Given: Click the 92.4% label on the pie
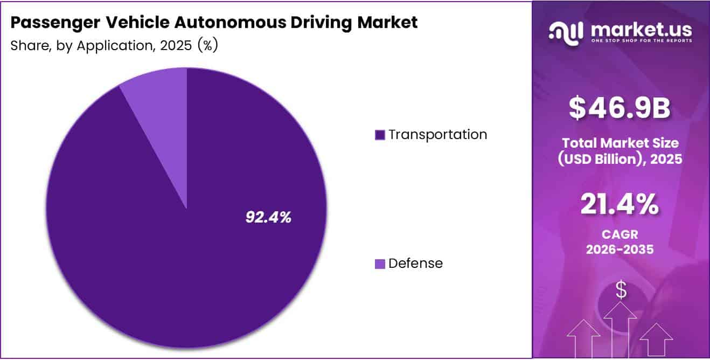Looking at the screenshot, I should (268, 217).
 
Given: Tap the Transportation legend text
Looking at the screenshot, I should (437, 134).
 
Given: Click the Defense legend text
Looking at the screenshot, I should (415, 264).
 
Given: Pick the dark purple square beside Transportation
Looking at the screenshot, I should (380, 135).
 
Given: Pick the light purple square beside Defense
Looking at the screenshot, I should (380, 264).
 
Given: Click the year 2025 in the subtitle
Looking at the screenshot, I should (176, 46).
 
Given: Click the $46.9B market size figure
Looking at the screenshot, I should (620, 108).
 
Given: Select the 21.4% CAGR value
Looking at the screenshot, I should (619, 205).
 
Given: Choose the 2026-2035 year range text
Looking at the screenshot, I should (619, 251).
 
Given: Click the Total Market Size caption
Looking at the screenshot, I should (619, 143).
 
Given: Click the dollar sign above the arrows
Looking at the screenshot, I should (621, 290).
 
